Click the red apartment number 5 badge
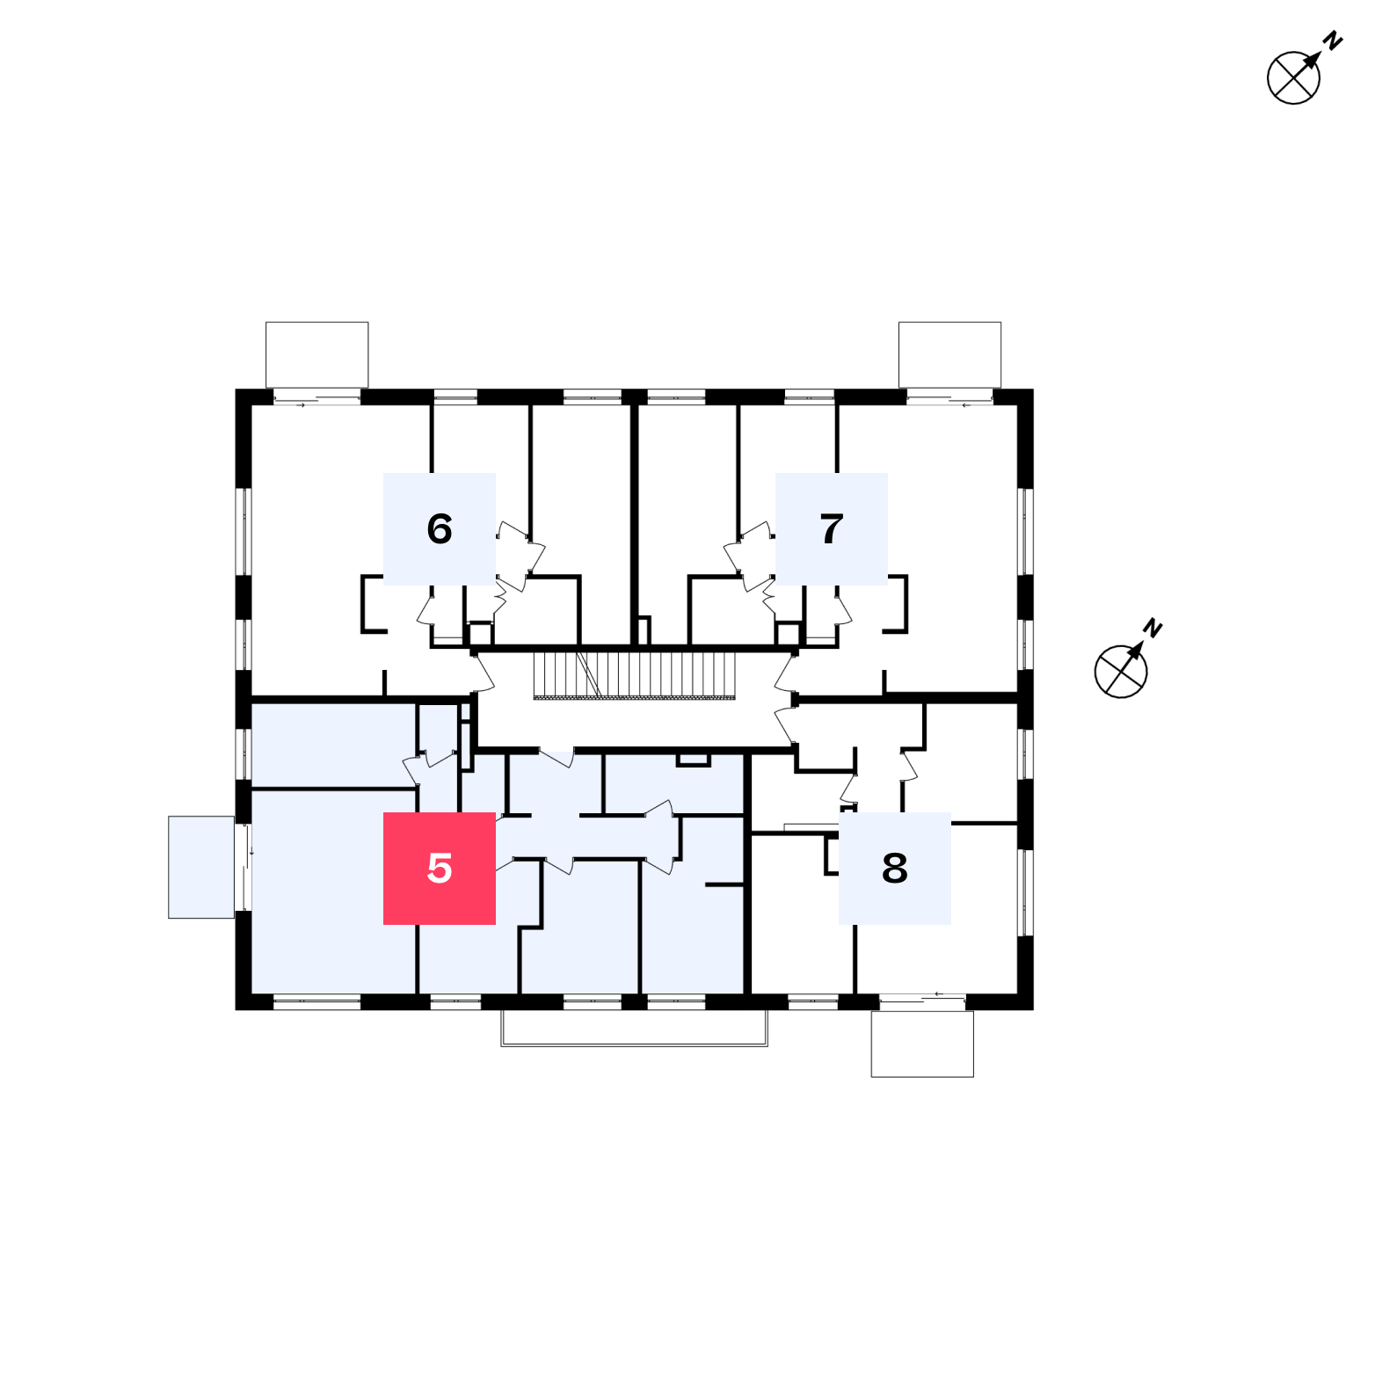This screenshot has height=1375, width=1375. [x=440, y=868]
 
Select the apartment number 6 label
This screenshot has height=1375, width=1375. [x=440, y=528]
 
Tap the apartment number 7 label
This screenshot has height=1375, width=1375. [x=832, y=528]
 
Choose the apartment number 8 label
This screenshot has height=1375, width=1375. [x=895, y=868]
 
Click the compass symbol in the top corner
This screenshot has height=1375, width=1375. [x=1293, y=77]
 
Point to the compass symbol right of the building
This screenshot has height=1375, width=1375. [x=1121, y=672]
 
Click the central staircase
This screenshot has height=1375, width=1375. [x=634, y=675]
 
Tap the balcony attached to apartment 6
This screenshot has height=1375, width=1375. [x=316, y=354]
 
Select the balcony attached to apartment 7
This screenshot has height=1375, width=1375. [x=949, y=354]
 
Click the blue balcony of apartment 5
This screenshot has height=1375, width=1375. [x=201, y=867]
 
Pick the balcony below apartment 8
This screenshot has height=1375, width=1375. [x=922, y=1044]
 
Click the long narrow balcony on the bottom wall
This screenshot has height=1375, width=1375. [x=634, y=1029]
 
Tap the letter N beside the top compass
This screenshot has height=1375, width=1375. [x=1333, y=40]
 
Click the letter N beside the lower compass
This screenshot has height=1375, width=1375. [x=1153, y=628]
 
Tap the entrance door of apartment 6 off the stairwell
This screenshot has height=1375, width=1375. [x=483, y=673]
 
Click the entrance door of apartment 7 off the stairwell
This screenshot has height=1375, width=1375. [x=785, y=673]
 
